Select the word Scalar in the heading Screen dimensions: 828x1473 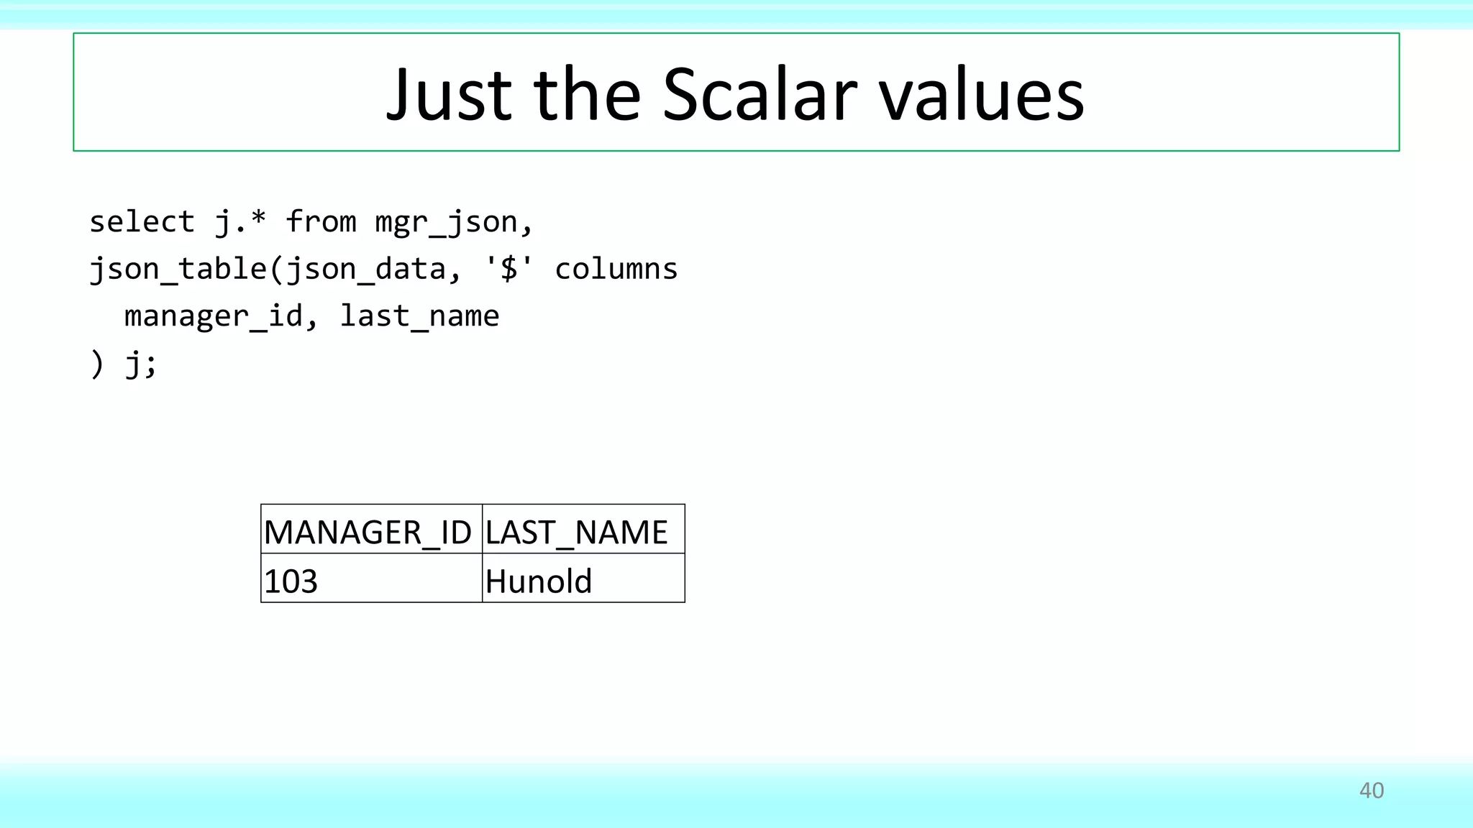click(760, 95)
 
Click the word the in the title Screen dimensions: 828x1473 click(587, 95)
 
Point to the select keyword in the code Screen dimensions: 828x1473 click(142, 222)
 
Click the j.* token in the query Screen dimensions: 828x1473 click(240, 222)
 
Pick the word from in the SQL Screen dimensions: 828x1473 click(321, 222)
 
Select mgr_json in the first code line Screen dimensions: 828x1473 click(446, 222)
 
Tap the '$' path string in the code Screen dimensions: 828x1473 click(509, 269)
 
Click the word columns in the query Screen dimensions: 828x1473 click(616, 269)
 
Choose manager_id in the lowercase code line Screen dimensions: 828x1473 click(213, 316)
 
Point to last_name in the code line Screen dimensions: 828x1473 click(419, 316)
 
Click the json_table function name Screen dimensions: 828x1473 click(178, 269)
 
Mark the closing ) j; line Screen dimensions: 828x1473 click(123, 364)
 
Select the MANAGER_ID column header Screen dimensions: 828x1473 click(368, 533)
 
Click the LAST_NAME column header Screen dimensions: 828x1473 click(577, 533)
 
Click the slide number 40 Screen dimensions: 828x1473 click(1371, 791)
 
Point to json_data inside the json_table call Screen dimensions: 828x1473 click(366, 269)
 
